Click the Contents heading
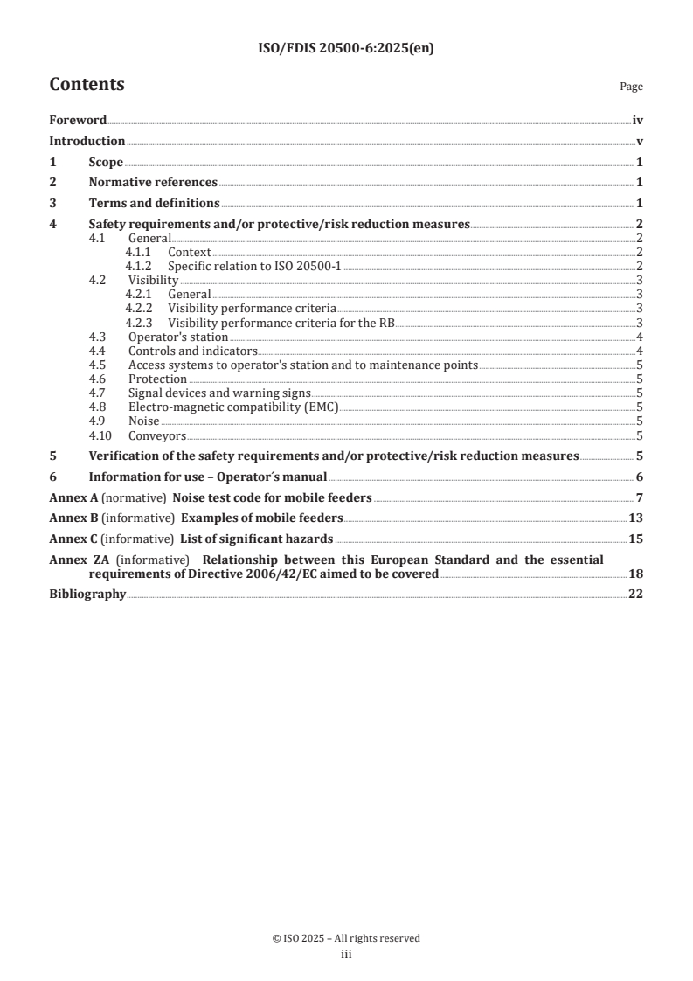tap(87, 85)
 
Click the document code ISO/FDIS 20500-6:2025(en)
tap(346, 49)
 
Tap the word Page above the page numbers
tap(631, 87)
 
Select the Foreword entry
tap(78, 120)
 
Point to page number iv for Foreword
tap(638, 120)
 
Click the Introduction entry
tap(87, 141)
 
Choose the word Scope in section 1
tap(106, 162)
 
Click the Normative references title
tap(153, 182)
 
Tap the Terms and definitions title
tap(154, 203)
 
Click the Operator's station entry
tap(178, 337)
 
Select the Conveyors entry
tap(157, 435)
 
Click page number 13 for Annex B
tap(636, 518)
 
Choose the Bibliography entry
tap(87, 595)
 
